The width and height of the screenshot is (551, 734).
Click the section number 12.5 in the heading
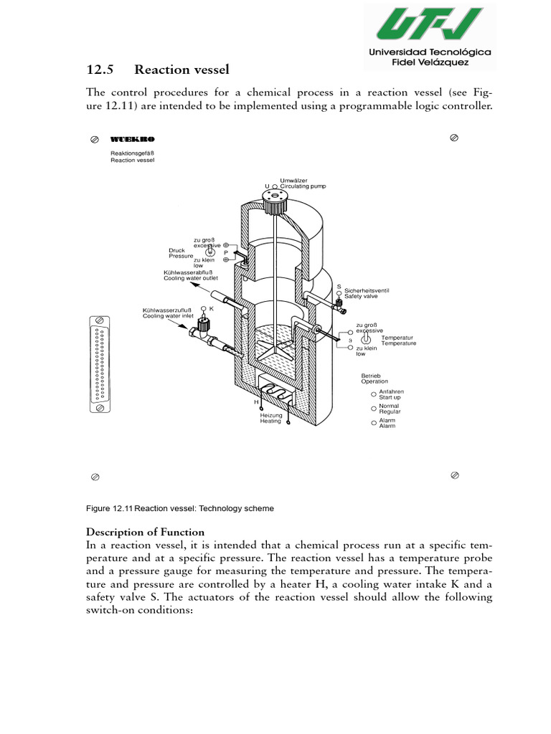[x=100, y=69]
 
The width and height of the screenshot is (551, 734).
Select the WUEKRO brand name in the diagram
[x=133, y=138]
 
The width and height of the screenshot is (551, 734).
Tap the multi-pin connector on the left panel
[x=100, y=363]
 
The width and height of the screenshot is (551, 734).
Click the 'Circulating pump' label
[x=303, y=186]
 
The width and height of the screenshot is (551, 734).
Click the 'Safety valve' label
[x=367, y=296]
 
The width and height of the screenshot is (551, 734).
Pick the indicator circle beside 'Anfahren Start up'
[x=374, y=394]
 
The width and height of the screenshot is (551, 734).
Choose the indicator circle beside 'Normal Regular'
[x=374, y=409]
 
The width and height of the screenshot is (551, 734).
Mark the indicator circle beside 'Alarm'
[x=374, y=423]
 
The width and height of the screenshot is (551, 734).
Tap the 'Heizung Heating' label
[x=271, y=419]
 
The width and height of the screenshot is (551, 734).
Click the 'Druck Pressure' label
[x=182, y=253]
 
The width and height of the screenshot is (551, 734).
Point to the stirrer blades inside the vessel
[x=272, y=347]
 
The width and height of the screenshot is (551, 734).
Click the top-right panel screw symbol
[x=453, y=136]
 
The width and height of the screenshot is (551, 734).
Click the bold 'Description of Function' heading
[x=146, y=532]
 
